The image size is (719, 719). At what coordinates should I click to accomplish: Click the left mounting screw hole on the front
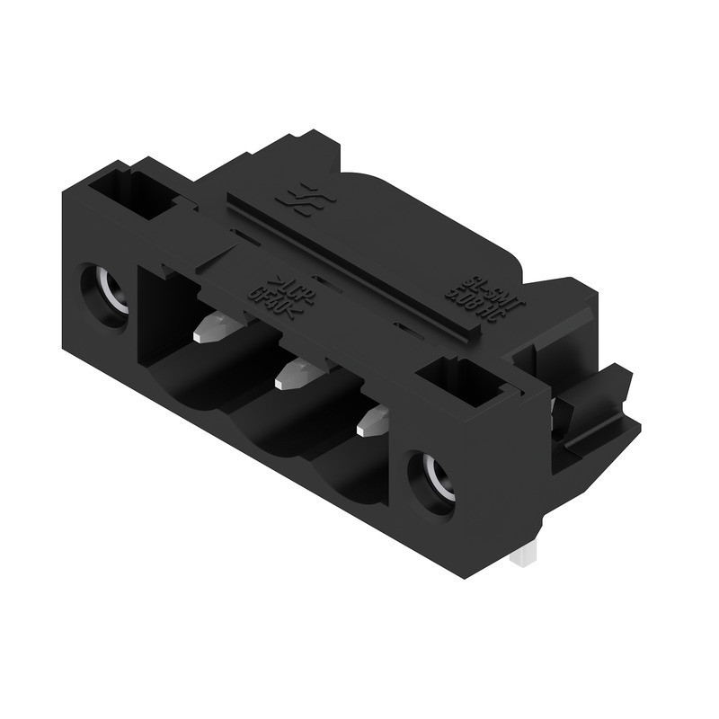coord(106,292)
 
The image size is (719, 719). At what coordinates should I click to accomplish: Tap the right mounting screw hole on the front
coord(431,480)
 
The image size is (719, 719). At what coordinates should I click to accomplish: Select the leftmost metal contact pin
coord(213,327)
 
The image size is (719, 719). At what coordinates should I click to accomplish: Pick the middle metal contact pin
coord(294,375)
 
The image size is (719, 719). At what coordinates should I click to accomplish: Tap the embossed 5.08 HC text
coord(467,297)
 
